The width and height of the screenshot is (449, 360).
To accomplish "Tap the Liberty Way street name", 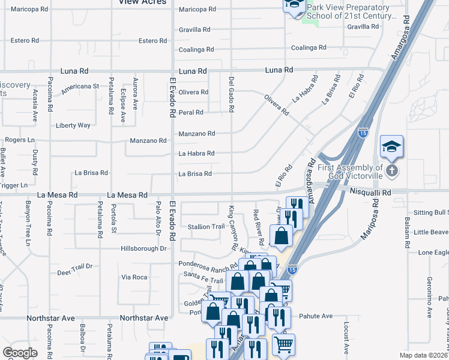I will click(x=73, y=125).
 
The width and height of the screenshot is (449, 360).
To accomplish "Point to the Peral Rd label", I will click(x=191, y=112).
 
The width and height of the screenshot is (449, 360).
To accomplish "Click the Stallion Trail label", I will click(x=206, y=227).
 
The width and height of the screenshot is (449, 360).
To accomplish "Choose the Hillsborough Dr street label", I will click(x=143, y=248).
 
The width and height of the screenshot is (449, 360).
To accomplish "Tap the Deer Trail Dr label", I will click(x=74, y=266).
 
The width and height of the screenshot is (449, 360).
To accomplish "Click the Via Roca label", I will click(x=134, y=277).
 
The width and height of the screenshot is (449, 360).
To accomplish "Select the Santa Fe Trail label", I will click(x=203, y=274).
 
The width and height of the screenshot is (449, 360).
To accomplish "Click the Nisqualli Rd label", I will click(x=371, y=193).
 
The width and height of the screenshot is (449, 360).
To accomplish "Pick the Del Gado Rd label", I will click(x=232, y=94).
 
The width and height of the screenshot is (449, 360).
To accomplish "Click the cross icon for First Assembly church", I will click(x=391, y=171).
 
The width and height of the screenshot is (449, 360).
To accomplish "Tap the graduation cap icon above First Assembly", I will click(x=391, y=146).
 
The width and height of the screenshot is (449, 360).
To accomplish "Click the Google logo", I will click(x=20, y=353).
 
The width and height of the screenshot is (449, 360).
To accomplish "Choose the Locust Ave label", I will click(x=347, y=338).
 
